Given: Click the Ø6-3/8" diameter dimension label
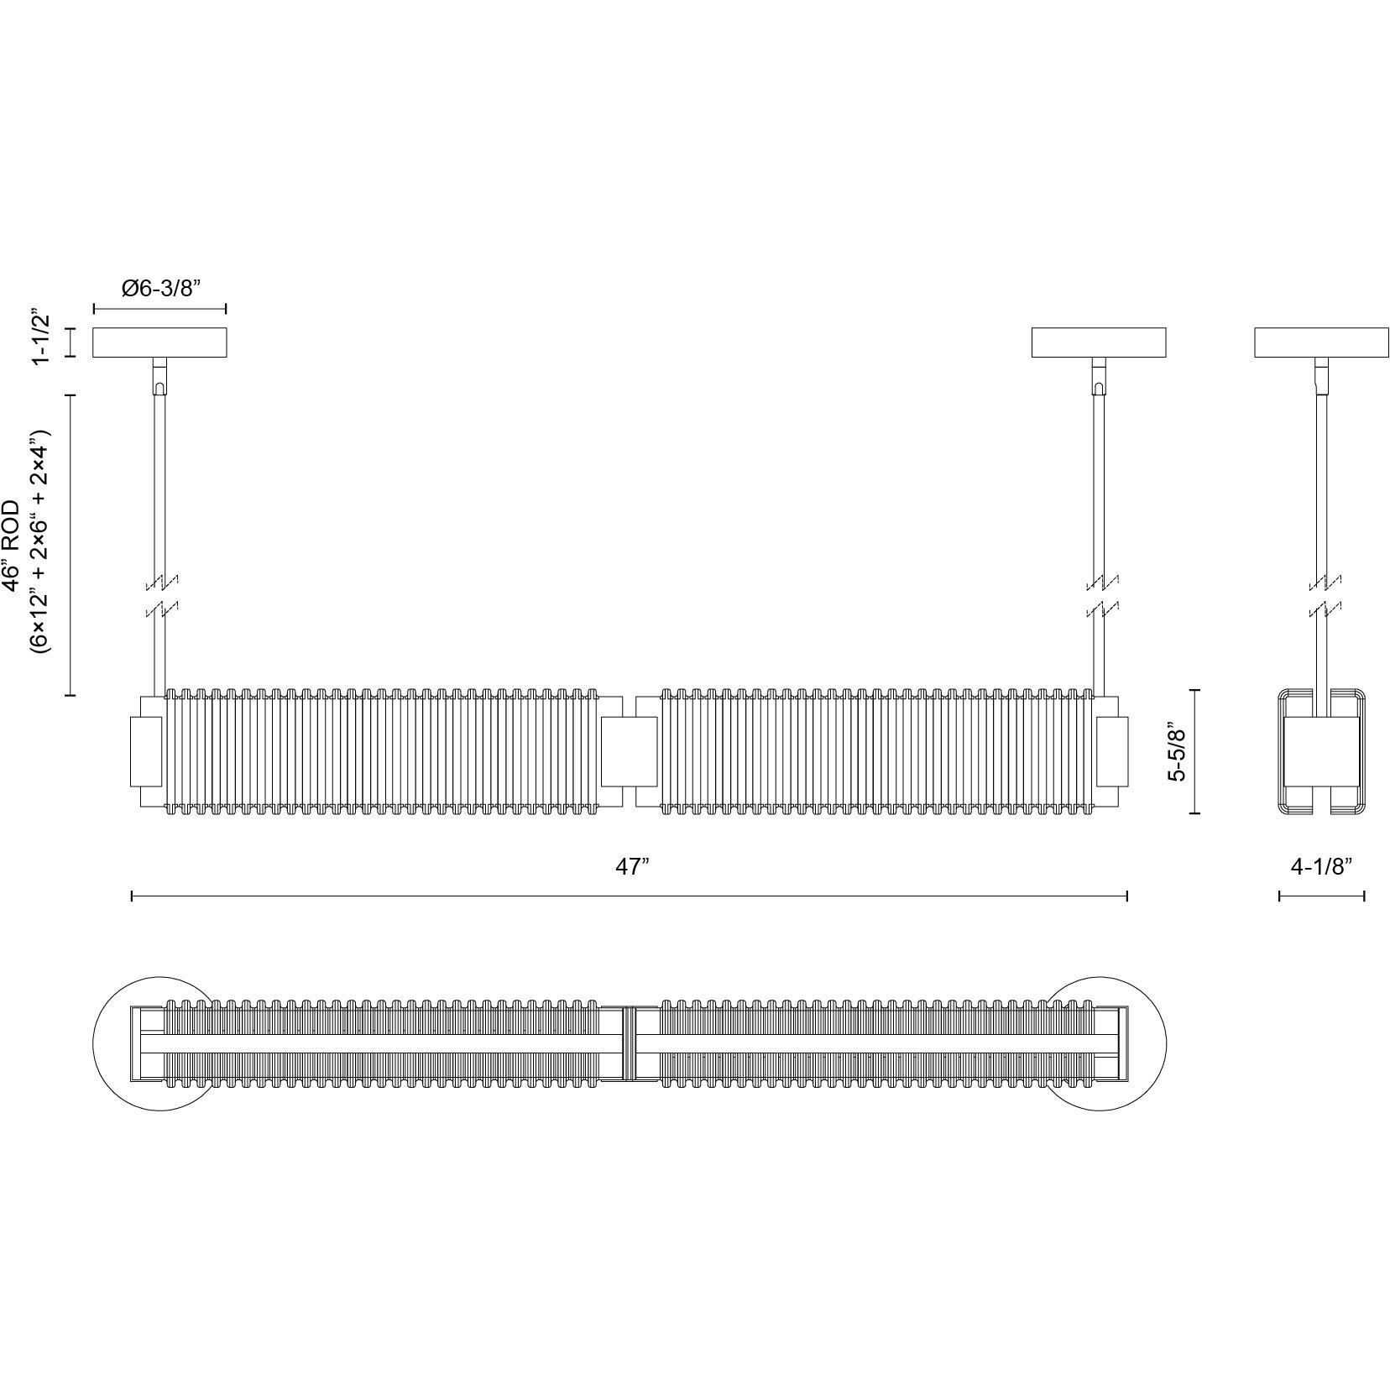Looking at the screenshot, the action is coord(162,289).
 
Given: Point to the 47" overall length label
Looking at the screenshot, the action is coord(633,866).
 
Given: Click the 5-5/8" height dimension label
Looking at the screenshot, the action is coord(1178,751).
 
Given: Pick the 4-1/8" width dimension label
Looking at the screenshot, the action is coord(1321,866).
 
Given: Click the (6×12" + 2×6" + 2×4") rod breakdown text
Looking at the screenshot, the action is coord(39,542).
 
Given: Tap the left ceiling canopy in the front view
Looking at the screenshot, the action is coord(159,342).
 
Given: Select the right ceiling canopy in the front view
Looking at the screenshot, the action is coord(1099,342).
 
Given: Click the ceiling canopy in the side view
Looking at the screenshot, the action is coord(1322,342).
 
